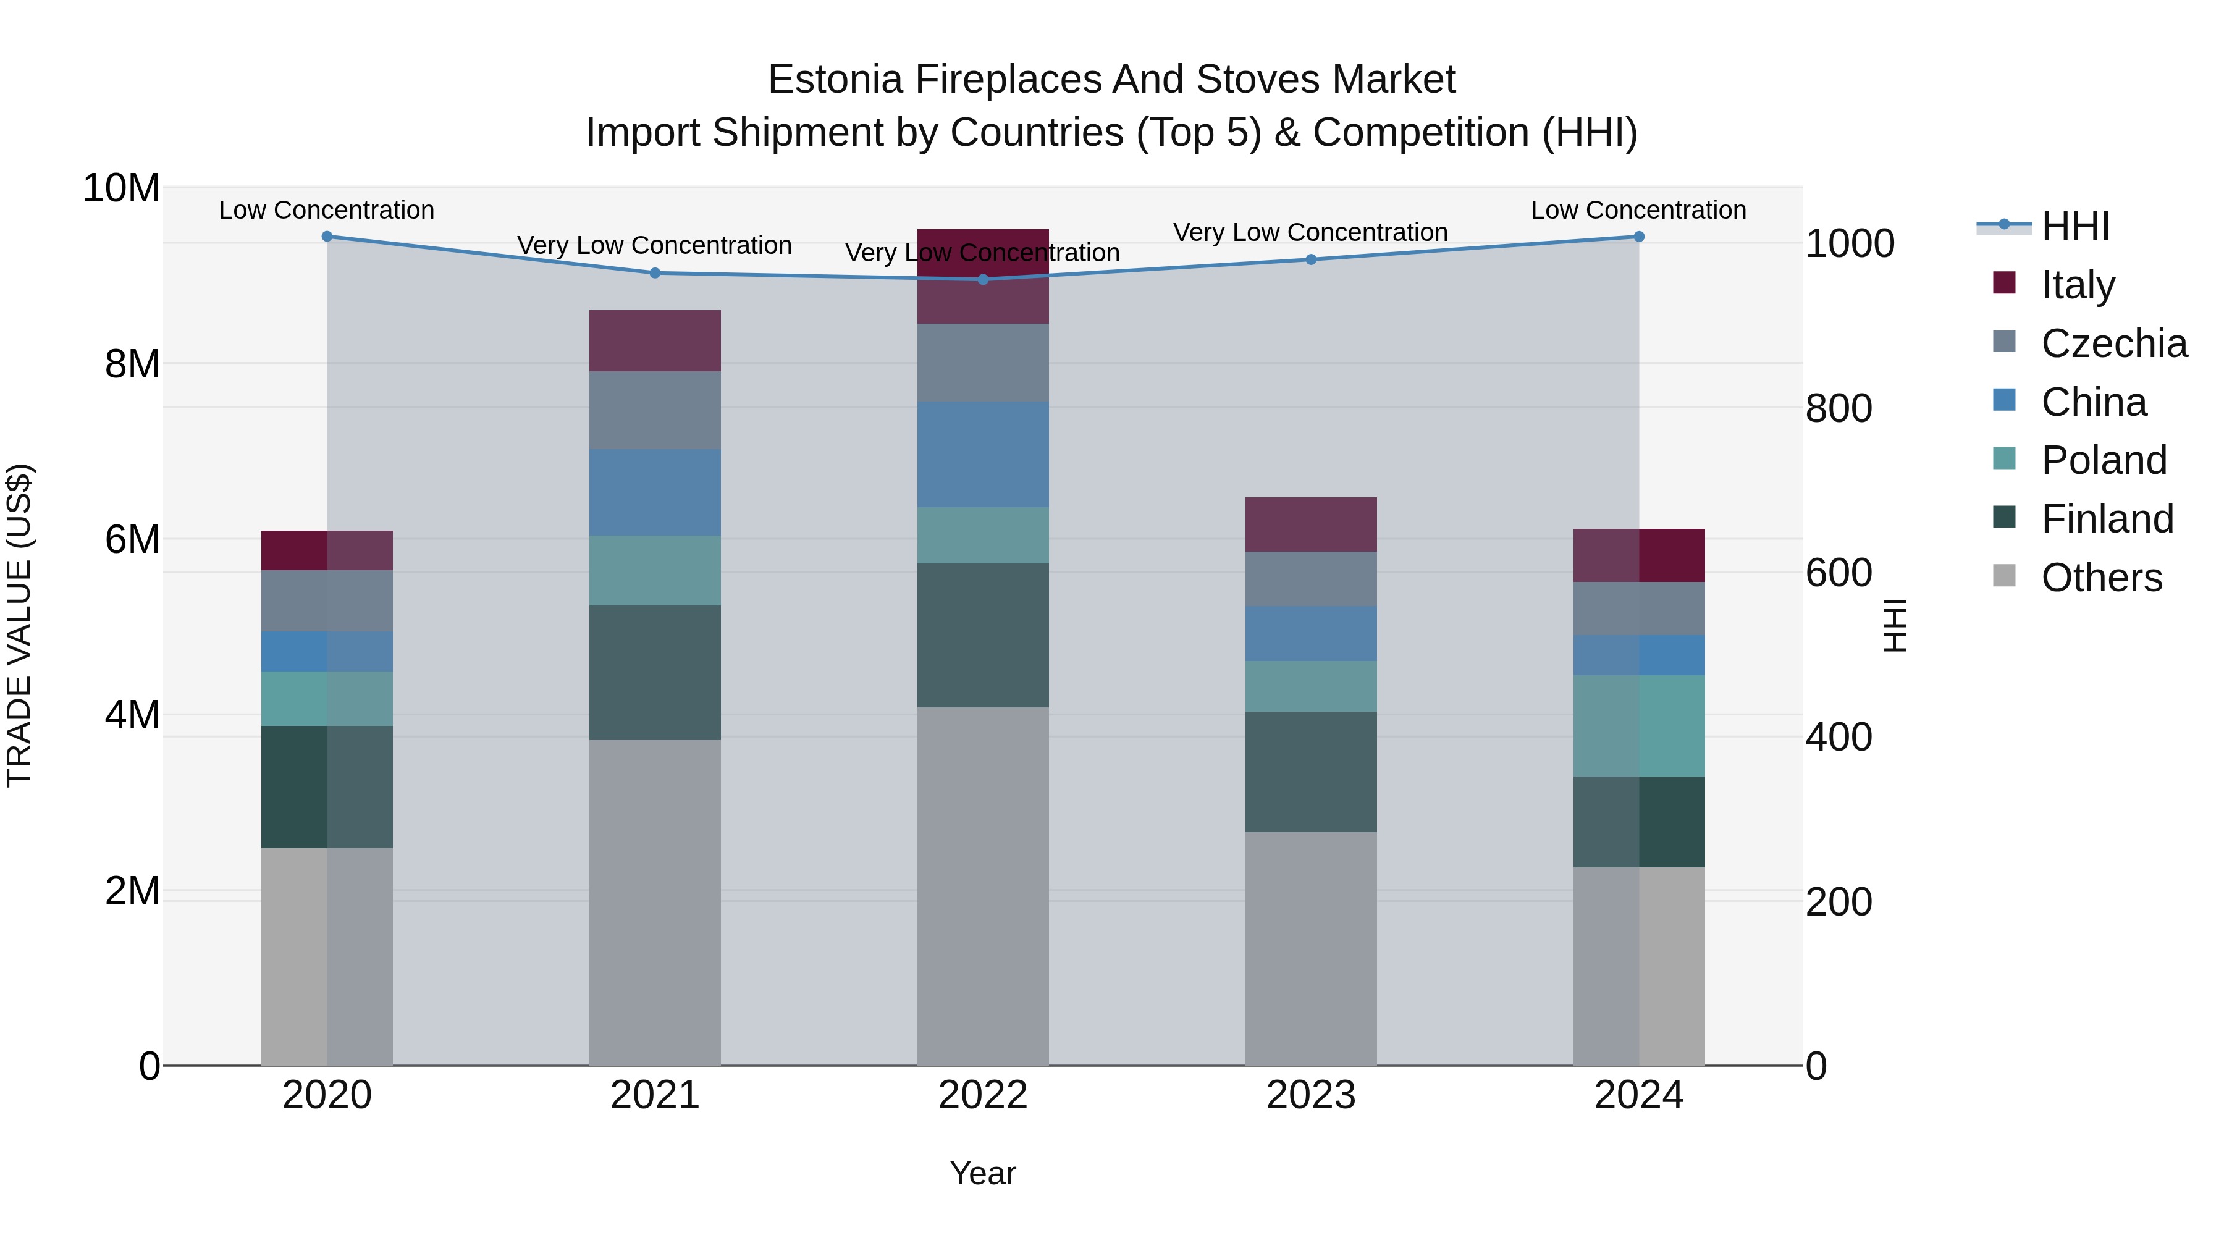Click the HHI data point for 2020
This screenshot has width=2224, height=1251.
(x=327, y=237)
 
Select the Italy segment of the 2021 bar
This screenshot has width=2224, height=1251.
(x=654, y=341)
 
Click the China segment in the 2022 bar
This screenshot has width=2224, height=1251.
(x=982, y=455)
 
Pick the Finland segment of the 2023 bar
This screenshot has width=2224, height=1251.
(x=1310, y=772)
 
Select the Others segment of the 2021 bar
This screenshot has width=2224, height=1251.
(x=654, y=902)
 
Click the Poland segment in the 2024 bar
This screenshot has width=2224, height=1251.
(x=1638, y=726)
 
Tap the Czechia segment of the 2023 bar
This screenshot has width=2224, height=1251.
(x=1310, y=579)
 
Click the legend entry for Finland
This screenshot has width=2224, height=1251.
(x=2107, y=519)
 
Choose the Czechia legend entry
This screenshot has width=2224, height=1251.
(x=2113, y=343)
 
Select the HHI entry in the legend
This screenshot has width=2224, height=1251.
(x=2074, y=226)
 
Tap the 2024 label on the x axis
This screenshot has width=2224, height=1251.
(x=1638, y=1095)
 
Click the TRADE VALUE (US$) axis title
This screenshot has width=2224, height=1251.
(x=19, y=626)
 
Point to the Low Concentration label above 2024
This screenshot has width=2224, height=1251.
(x=1638, y=210)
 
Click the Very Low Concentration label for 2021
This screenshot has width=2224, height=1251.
(x=654, y=245)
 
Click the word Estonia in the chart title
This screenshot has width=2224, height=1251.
(x=834, y=80)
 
